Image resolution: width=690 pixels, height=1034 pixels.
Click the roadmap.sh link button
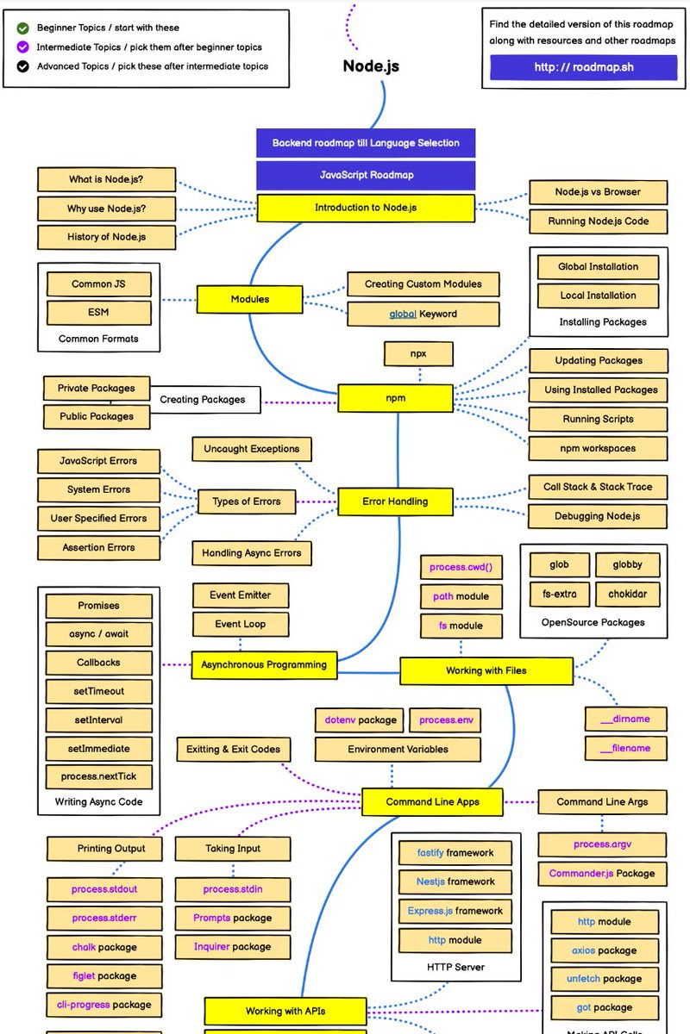tap(583, 67)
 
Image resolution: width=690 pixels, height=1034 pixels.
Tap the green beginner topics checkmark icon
tap(22, 28)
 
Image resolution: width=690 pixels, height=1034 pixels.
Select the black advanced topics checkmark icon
tap(22, 65)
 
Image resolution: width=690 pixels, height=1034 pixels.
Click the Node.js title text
tap(371, 65)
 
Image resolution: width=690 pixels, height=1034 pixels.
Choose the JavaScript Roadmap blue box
tap(366, 175)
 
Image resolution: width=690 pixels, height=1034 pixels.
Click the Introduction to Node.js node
tap(366, 208)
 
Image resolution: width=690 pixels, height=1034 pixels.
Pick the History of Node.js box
tap(106, 237)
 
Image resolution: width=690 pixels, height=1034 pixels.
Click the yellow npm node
tap(395, 398)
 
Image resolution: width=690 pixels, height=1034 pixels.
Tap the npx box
tap(419, 353)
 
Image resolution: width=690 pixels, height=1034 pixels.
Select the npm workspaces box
tap(597, 448)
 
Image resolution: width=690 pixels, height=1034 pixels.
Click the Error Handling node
tap(395, 501)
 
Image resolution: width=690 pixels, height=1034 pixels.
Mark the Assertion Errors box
tap(98, 547)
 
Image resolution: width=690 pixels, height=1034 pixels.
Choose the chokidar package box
tap(627, 594)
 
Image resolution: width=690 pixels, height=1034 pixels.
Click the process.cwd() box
tap(461, 567)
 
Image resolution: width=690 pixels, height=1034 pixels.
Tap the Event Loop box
tap(241, 624)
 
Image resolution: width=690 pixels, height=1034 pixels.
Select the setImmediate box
tap(98, 748)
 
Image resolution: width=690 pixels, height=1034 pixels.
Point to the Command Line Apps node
tap(432, 801)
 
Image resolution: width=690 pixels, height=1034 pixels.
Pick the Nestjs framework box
tap(455, 881)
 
